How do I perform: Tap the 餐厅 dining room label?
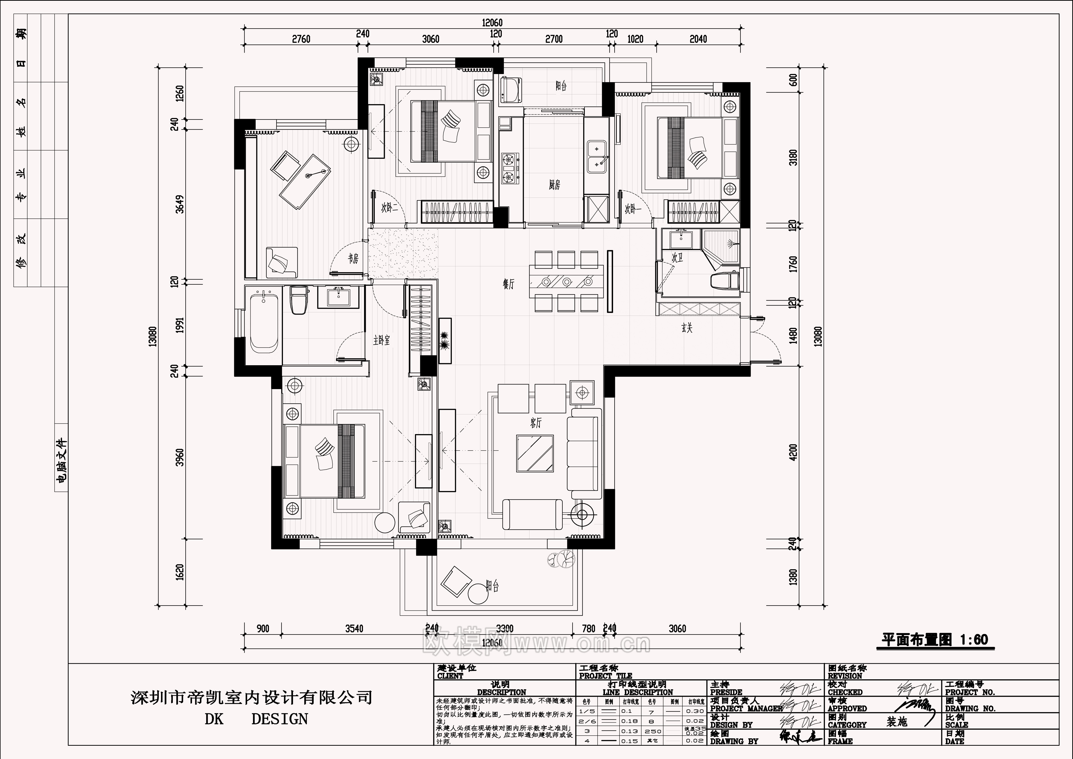point(508,284)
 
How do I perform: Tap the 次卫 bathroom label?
point(677,258)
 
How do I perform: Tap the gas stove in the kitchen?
point(508,168)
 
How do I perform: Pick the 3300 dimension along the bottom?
point(504,629)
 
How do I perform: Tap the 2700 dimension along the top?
point(554,39)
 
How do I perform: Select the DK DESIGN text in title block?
point(256,719)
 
